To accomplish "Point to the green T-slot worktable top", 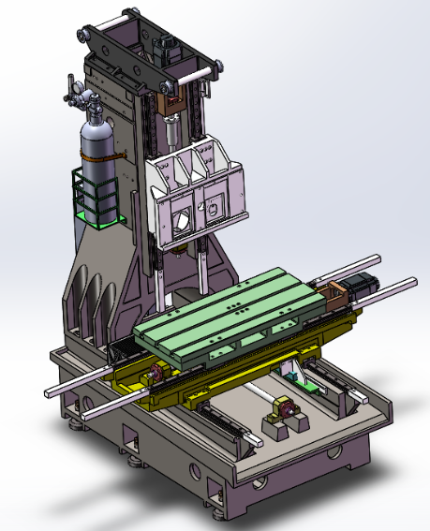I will click(x=234, y=309).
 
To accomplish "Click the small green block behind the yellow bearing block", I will click(x=297, y=378).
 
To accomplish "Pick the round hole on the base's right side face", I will click(x=334, y=453).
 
